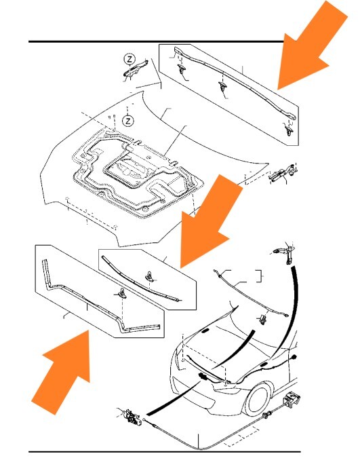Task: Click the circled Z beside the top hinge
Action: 129,59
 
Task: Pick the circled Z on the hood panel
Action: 128,121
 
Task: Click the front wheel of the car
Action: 257,400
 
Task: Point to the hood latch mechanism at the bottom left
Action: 132,416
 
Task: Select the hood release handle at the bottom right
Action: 292,399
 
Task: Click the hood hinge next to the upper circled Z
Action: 136,69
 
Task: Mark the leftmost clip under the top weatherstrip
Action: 182,69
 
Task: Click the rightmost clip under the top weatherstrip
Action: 289,130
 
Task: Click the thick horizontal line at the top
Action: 157,41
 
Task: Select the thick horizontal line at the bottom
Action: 165,451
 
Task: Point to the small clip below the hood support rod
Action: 262,319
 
